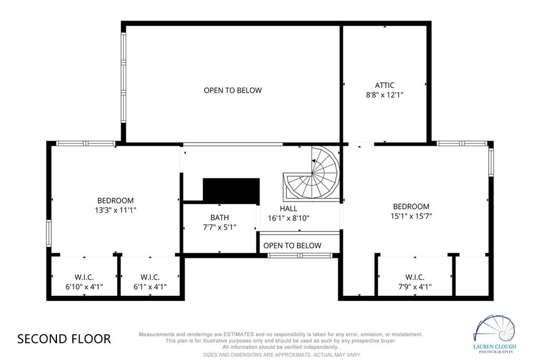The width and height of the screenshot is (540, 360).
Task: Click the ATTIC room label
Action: pyautogui.click(x=384, y=85)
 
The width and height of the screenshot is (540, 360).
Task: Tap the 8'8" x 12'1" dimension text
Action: pyautogui.click(x=384, y=95)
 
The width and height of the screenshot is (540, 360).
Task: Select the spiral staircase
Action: pyautogui.click(x=312, y=173)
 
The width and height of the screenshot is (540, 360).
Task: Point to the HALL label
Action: pyautogui.click(x=288, y=208)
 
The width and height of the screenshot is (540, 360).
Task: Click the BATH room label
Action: pyautogui.click(x=220, y=218)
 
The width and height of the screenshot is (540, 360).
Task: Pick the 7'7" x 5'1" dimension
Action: pyautogui.click(x=220, y=227)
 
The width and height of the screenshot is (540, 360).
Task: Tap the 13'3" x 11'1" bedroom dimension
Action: pyautogui.click(x=115, y=210)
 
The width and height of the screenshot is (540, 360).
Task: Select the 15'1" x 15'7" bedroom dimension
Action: pyautogui.click(x=411, y=216)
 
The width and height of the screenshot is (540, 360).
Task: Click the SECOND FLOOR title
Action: pyautogui.click(x=64, y=339)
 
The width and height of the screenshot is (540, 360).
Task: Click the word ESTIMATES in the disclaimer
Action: pyautogui.click(x=239, y=334)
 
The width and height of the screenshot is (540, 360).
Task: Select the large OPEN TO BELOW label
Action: pyautogui.click(x=233, y=90)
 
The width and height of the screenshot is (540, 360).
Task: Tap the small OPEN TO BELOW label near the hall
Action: pyautogui.click(x=292, y=246)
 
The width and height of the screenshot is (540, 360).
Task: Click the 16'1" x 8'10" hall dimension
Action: pyautogui.click(x=288, y=218)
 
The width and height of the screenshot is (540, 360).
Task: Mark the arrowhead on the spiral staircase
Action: pyautogui.click(x=314, y=161)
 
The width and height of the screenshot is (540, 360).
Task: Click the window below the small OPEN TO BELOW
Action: pyautogui.click(x=300, y=255)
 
